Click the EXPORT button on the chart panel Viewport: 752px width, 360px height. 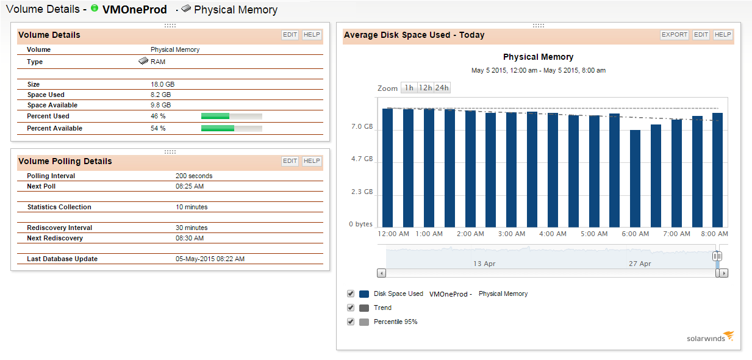click(x=675, y=35)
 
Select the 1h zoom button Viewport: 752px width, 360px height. click(x=409, y=88)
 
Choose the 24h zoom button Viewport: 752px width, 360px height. click(x=442, y=88)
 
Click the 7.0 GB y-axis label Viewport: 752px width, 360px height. click(x=362, y=127)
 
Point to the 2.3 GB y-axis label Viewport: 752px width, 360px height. click(x=362, y=192)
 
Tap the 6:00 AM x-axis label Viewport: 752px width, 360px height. click(x=635, y=234)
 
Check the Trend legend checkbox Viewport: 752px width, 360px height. click(x=351, y=308)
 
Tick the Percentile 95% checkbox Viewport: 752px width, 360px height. click(x=351, y=322)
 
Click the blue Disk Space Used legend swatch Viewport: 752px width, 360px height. click(x=364, y=294)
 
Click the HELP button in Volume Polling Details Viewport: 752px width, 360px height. click(x=312, y=161)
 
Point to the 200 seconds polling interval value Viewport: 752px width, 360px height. click(x=194, y=176)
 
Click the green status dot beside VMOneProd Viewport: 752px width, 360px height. click(x=94, y=9)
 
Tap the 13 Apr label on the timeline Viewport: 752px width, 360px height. click(x=484, y=264)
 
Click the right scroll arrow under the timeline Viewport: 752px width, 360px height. click(x=723, y=273)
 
